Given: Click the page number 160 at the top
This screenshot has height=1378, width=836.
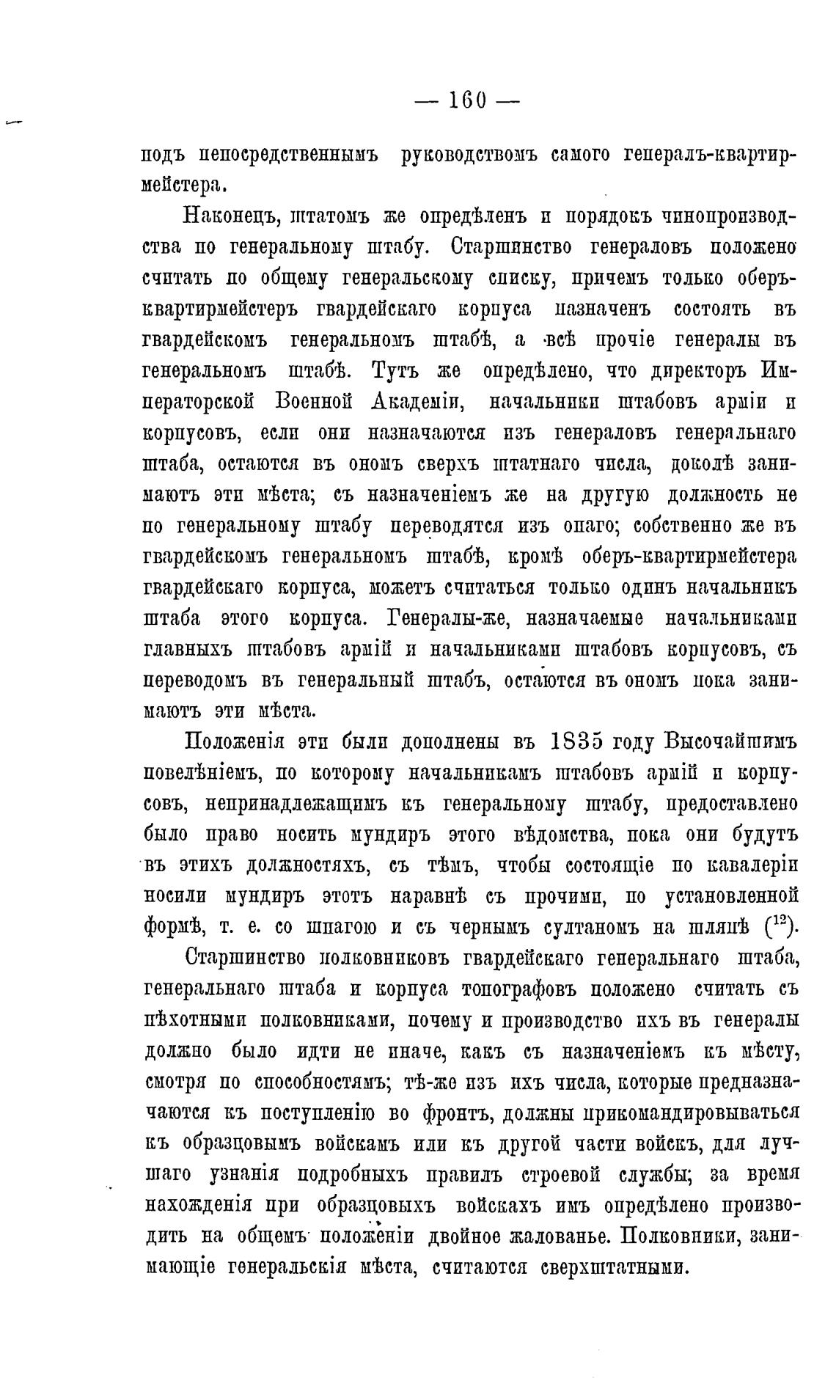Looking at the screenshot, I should (x=467, y=99).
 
